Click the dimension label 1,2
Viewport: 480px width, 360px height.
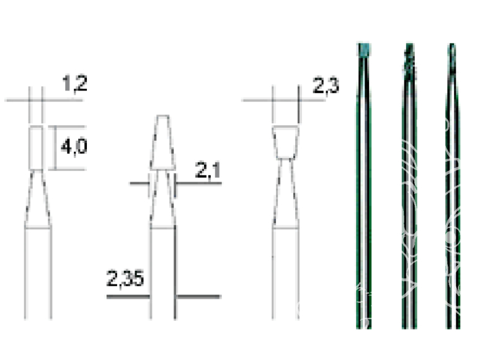click(x=74, y=83)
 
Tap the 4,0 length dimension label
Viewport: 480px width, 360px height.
click(x=74, y=147)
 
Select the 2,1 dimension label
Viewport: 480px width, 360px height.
click(x=208, y=170)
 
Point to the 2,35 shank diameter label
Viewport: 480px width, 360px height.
click(x=125, y=279)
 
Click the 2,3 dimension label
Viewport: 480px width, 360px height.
click(x=326, y=86)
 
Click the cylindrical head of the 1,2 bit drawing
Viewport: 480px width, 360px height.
click(x=36, y=147)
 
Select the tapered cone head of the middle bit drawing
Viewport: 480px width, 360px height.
click(x=163, y=143)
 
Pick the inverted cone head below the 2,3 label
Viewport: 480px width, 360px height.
click(x=286, y=143)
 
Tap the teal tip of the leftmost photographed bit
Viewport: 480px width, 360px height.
click(x=364, y=50)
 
